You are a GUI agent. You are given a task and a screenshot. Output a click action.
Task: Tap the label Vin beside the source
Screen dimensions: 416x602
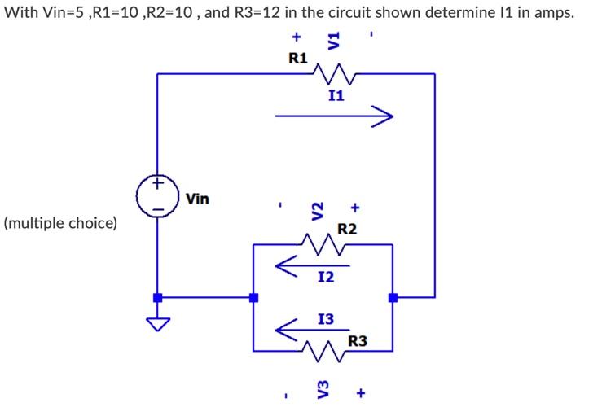(197, 198)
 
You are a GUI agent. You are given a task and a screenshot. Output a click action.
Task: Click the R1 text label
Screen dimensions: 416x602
(298, 58)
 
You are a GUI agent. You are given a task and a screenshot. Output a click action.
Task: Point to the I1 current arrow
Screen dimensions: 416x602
(334, 117)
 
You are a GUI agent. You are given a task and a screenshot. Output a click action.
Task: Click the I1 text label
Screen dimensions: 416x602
(335, 95)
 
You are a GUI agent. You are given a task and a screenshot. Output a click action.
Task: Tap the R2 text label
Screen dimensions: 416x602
(347, 229)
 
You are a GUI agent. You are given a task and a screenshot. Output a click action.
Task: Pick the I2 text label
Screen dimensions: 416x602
(325, 278)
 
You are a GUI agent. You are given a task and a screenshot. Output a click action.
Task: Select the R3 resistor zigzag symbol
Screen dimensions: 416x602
(324, 351)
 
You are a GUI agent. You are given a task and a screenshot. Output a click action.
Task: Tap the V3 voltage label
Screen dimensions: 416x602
(322, 393)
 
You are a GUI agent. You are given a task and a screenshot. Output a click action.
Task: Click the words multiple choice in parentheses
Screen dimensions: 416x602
(60, 222)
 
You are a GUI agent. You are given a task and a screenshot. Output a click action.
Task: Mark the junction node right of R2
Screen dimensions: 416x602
(393, 297)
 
